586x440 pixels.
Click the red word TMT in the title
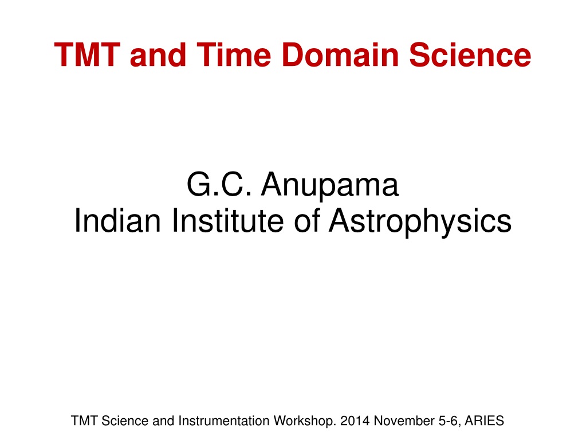(x=88, y=54)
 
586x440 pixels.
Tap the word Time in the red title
(x=234, y=54)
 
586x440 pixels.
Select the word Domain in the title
(x=340, y=54)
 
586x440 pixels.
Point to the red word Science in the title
(x=470, y=54)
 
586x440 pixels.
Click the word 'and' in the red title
(x=158, y=54)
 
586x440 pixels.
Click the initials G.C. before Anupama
(x=219, y=184)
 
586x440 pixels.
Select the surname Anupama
(x=330, y=185)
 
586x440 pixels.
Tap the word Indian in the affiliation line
(x=118, y=220)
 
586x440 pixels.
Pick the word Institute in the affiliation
(x=227, y=220)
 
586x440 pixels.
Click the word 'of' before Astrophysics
(x=307, y=220)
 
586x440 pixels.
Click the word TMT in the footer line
(x=84, y=420)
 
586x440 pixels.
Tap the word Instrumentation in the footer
(x=224, y=420)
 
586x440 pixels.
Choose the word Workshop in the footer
(x=305, y=421)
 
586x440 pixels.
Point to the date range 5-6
(x=450, y=421)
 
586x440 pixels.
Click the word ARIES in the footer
(x=485, y=420)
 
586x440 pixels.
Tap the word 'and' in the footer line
(x=163, y=420)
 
